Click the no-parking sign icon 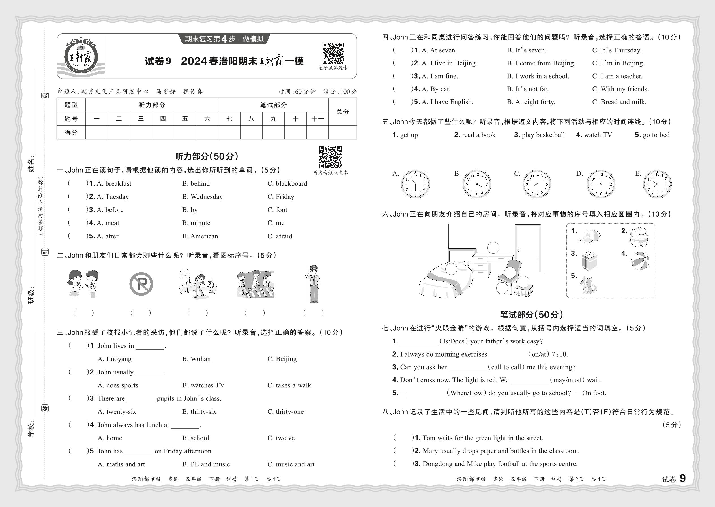[x=141, y=284]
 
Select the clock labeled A [x=415, y=184]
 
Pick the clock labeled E [x=657, y=184]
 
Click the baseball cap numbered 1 [x=590, y=236]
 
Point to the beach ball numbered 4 [x=640, y=260]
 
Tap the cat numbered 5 [x=588, y=285]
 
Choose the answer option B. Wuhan [x=196, y=359]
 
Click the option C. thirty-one [x=285, y=412]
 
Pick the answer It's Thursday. [x=617, y=50]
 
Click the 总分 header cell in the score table [x=343, y=112]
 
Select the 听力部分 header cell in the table [x=152, y=105]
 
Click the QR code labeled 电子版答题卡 [x=333, y=53]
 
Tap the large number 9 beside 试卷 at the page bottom [x=682, y=479]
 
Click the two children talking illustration [x=83, y=284]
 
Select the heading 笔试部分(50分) [x=531, y=314]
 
